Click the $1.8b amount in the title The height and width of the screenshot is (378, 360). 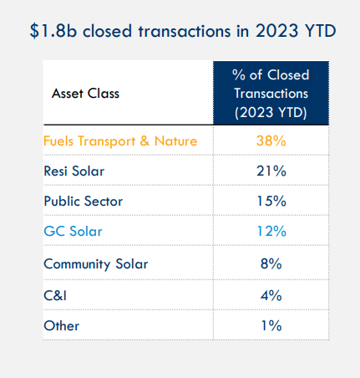coord(53,31)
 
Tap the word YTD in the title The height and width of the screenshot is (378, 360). coord(321,31)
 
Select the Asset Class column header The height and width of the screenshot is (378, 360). coord(85,94)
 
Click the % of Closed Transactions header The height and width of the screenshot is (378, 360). coord(271,94)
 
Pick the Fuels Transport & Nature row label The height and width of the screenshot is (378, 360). coord(120,140)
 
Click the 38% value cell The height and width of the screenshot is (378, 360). coord(271,140)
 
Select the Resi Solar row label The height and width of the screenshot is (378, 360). coord(74,171)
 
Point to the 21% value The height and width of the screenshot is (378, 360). coord(271,171)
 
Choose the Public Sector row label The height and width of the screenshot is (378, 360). coord(84,201)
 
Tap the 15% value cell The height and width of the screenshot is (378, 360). coord(271,201)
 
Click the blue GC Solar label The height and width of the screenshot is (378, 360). coord(73,231)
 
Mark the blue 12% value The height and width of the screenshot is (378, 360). coord(271,231)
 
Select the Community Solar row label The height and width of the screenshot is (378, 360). coord(96,264)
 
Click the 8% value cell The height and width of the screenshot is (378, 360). coord(271,263)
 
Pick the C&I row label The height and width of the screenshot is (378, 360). coord(55,295)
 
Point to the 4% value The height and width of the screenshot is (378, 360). coord(271,295)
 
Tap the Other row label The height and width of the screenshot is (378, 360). coord(62,325)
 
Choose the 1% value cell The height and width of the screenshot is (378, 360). coord(271,325)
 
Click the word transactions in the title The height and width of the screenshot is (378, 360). coord(185,31)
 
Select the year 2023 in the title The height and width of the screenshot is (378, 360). coord(276,31)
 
